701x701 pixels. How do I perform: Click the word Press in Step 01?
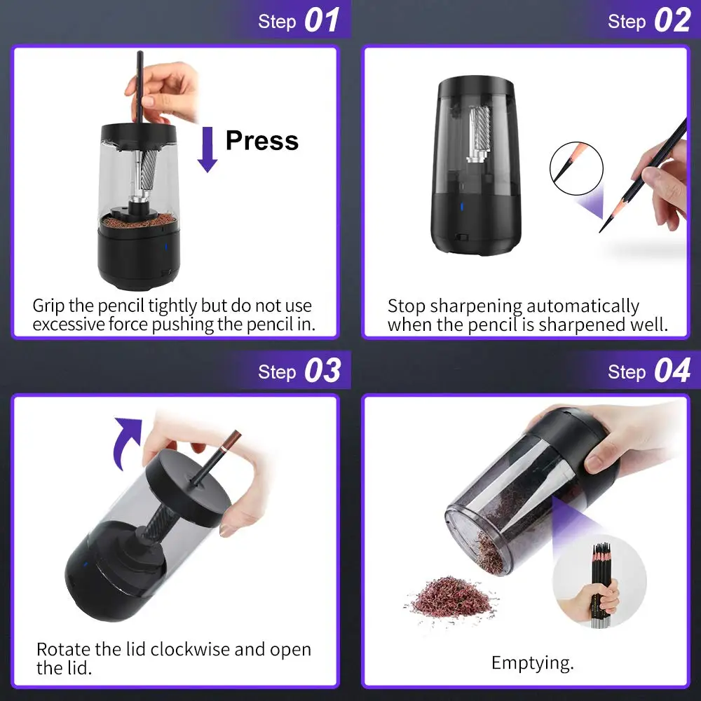[x=261, y=140]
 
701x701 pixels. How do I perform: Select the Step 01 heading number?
[x=322, y=21]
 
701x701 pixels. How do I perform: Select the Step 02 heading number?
[x=671, y=21]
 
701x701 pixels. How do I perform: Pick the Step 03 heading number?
[x=322, y=371]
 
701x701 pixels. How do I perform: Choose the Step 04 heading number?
[x=671, y=371]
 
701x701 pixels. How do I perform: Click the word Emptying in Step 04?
[x=532, y=662]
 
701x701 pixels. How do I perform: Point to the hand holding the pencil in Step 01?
[x=165, y=88]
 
